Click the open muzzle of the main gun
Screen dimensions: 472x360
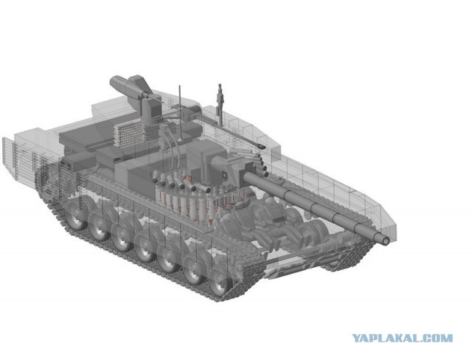385,240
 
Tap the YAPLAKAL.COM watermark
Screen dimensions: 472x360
403,338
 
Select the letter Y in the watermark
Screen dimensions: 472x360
357,338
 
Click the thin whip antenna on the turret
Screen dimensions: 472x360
180,113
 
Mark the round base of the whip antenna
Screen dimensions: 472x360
181,140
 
